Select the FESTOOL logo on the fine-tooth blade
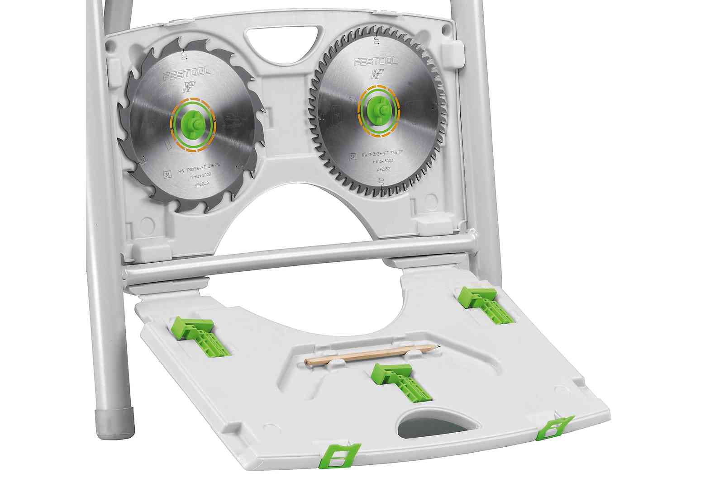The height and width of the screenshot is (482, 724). click(376, 61)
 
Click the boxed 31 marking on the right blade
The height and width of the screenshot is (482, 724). click(352, 157)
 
